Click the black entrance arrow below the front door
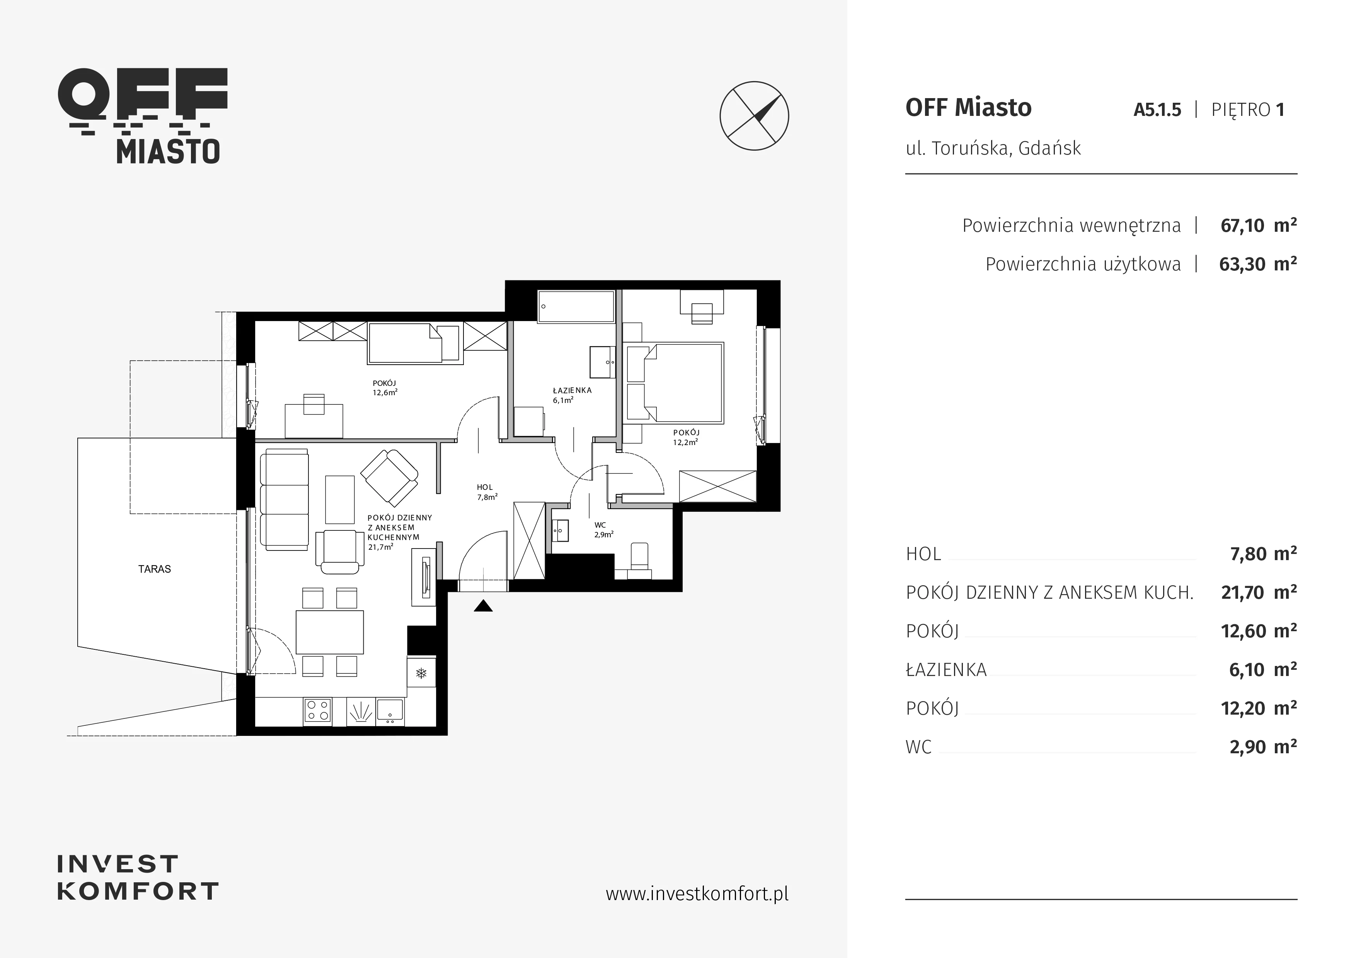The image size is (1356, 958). (x=483, y=606)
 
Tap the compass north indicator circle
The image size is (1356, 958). (x=754, y=116)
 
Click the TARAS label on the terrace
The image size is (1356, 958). (x=155, y=569)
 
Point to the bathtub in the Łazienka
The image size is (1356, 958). (x=576, y=306)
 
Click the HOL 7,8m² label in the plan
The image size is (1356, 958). (x=487, y=492)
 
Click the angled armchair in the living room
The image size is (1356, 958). (x=390, y=474)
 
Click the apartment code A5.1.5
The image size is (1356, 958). (x=1157, y=110)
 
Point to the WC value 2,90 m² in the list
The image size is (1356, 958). (x=1263, y=747)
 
